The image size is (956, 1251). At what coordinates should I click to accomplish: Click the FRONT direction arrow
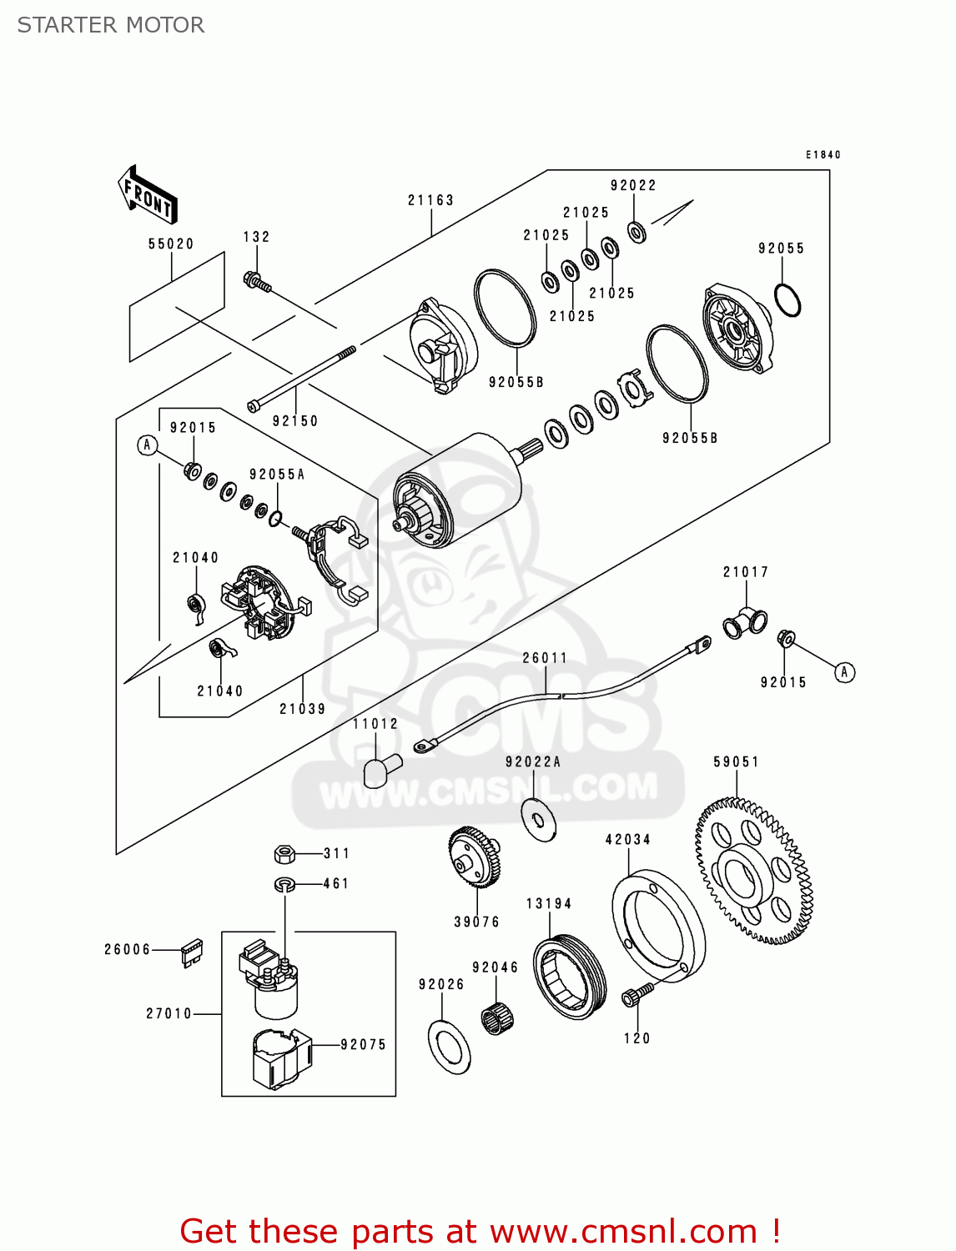[148, 195]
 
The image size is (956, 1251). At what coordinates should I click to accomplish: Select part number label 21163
[430, 200]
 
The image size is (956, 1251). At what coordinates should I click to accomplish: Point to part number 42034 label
[627, 840]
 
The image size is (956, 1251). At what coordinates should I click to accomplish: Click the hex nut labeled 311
[284, 853]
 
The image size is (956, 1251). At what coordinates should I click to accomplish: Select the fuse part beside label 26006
[192, 952]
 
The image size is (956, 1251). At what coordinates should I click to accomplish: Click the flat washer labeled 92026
[449, 1047]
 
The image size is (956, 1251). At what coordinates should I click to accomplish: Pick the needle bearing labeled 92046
[497, 1017]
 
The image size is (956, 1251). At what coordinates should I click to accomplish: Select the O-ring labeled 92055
[787, 300]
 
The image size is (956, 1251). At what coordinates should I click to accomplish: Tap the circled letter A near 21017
[844, 672]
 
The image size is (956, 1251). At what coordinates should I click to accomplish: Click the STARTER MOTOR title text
[111, 25]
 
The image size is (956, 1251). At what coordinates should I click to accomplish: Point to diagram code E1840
[823, 154]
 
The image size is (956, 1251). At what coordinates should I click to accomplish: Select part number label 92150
[295, 421]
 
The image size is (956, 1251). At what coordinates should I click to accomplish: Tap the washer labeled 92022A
[539, 819]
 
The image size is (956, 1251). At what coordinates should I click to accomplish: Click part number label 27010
[169, 1013]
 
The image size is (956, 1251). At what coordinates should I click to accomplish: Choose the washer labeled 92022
[636, 231]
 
